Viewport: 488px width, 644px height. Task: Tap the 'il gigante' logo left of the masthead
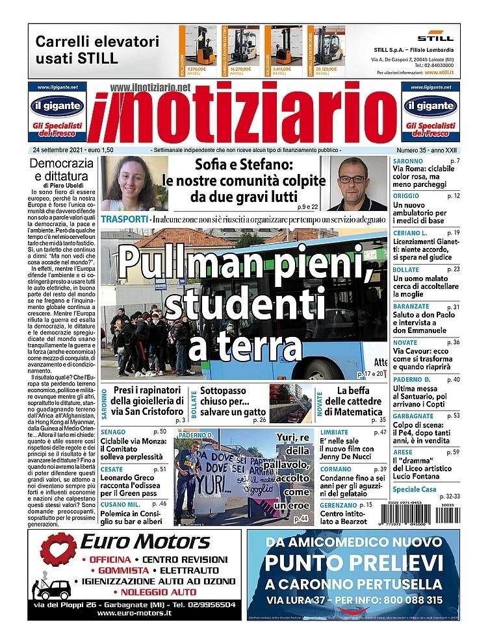pyautogui.click(x=57, y=105)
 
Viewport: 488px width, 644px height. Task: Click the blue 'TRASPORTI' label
pyautogui.click(x=124, y=219)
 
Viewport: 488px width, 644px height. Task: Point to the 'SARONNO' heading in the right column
pyautogui.click(x=407, y=161)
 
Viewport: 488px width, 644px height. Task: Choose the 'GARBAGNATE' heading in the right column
pyautogui.click(x=414, y=415)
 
